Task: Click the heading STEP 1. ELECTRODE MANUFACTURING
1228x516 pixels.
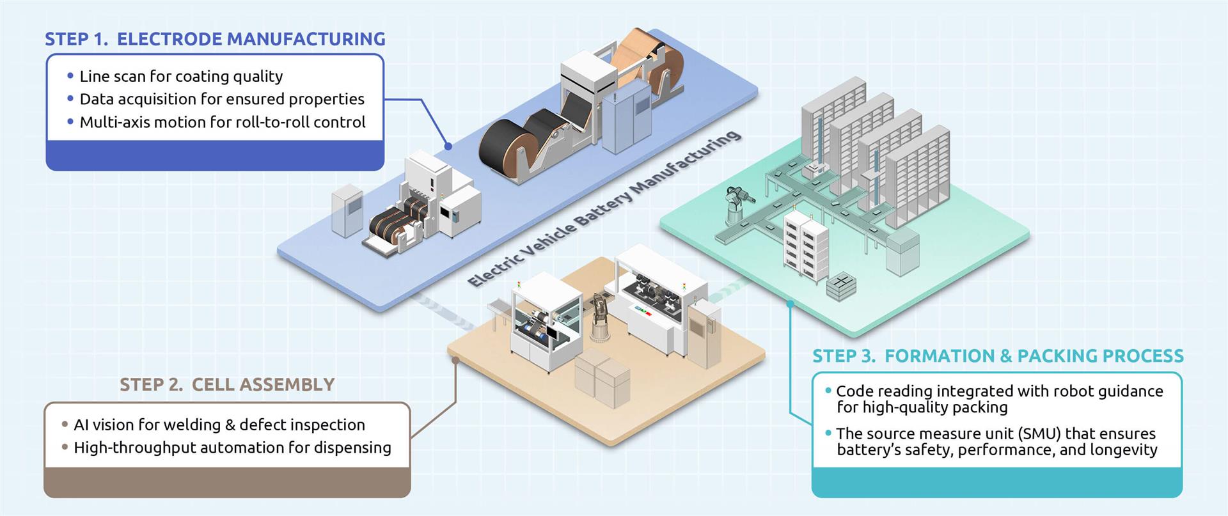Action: [215, 39]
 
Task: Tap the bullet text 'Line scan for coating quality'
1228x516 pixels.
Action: [181, 76]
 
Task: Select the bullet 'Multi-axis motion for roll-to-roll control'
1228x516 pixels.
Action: [223, 122]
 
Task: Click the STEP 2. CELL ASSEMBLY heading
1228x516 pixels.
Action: [227, 384]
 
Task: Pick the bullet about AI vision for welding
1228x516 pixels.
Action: [219, 425]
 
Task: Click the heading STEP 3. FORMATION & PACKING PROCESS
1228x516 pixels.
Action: [998, 356]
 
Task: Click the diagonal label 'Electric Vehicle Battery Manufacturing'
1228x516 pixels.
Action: [604, 208]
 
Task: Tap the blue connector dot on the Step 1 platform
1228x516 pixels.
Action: [448, 146]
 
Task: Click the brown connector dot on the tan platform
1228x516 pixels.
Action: [455, 360]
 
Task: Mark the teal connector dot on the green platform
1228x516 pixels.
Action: [790, 304]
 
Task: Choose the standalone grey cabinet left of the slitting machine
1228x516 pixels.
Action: [347, 212]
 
